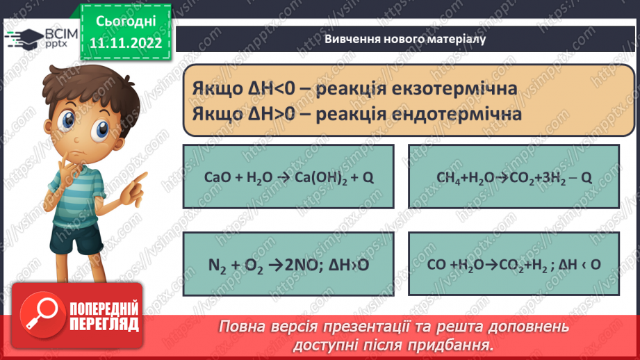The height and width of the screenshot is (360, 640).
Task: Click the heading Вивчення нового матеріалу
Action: click(x=404, y=39)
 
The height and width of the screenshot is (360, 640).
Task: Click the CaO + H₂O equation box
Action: click(x=288, y=177)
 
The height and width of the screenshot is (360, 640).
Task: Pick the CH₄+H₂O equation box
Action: click(x=514, y=177)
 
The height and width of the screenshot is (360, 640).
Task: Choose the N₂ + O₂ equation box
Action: click(x=288, y=264)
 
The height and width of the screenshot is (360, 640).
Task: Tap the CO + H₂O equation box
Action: click(x=514, y=264)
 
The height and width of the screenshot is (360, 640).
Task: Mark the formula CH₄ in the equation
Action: click(x=448, y=177)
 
